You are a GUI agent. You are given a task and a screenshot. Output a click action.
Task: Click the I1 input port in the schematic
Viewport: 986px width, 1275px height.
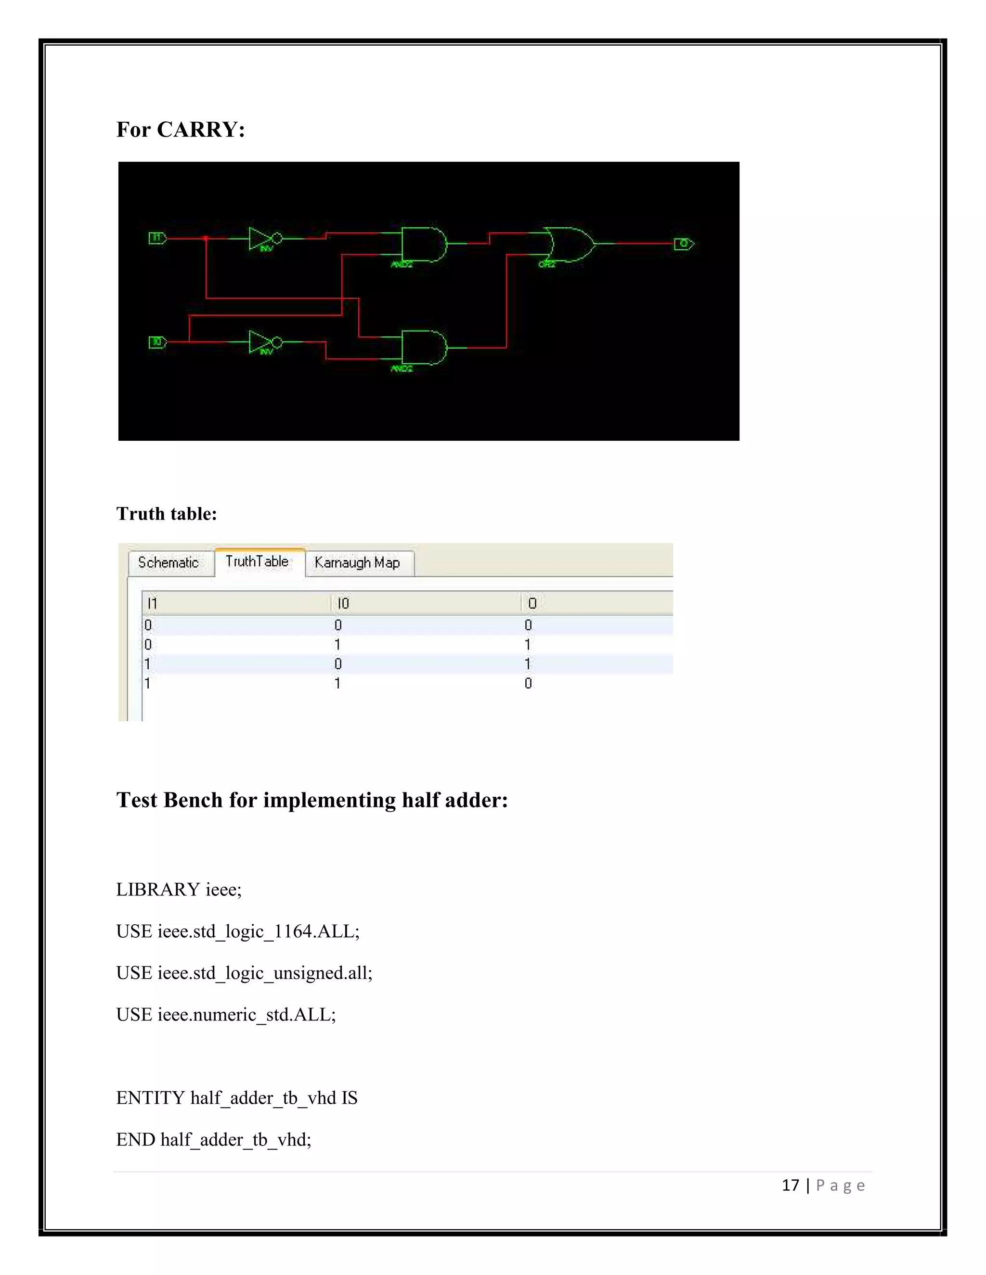tap(157, 238)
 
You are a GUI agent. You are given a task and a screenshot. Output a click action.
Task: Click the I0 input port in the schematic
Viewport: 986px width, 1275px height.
tap(157, 342)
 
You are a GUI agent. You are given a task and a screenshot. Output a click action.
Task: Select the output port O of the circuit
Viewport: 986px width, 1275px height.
tap(684, 243)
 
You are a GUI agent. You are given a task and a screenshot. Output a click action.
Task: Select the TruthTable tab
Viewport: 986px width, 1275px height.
tap(257, 561)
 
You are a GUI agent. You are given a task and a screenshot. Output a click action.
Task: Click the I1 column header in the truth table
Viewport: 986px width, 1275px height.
tap(153, 603)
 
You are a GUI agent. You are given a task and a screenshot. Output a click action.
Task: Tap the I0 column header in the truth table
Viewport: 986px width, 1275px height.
tap(343, 603)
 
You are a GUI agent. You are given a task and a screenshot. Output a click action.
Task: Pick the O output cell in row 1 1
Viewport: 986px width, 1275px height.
tap(528, 683)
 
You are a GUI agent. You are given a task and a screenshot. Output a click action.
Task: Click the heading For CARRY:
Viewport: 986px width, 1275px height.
tap(181, 129)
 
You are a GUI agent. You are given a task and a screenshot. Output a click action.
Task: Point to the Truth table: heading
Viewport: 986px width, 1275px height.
tap(167, 513)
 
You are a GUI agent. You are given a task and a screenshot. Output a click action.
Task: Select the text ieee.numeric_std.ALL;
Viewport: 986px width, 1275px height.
tap(246, 1014)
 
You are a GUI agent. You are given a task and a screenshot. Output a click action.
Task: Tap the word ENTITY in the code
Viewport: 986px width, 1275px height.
tap(150, 1097)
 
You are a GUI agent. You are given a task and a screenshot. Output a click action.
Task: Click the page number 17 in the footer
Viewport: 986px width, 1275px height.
tap(790, 1185)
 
